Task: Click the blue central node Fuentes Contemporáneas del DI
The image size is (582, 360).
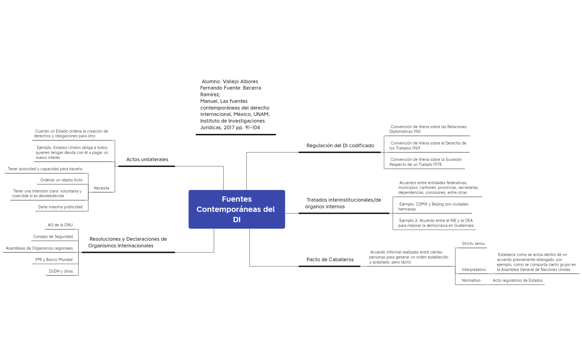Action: [237, 209]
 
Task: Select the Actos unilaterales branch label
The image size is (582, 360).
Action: [147, 159]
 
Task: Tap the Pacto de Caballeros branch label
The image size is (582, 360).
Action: [330, 260]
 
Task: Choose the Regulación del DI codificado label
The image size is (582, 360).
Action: [340, 146]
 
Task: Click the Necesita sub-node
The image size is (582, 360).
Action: [101, 188]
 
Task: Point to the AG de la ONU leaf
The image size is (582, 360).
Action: [60, 225]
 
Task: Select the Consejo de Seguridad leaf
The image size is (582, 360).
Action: [53, 237]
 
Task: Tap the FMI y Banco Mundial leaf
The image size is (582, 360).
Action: [54, 260]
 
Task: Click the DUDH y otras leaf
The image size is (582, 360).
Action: [61, 271]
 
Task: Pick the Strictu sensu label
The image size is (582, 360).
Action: [473, 244]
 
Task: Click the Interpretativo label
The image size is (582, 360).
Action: [474, 270]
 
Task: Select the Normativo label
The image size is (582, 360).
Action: [471, 280]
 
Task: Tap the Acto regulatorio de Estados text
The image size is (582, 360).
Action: [518, 280]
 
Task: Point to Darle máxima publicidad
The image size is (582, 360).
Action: [60, 207]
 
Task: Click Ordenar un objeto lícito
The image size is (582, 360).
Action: [61, 180]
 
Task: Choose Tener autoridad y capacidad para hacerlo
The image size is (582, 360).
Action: [45, 169]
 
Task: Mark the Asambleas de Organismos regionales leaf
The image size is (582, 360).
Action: [39, 248]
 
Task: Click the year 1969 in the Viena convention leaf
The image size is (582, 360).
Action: [416, 148]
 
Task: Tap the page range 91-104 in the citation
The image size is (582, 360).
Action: [253, 128]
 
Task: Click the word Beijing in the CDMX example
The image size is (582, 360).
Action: [438, 204]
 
